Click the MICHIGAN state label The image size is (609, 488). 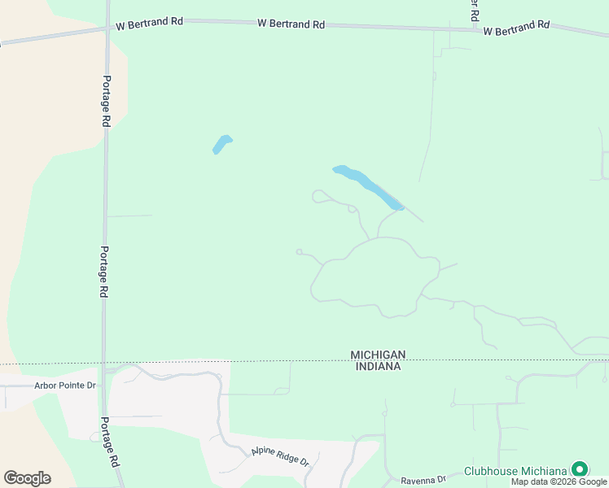click(x=378, y=355)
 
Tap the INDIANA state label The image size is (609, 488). click(x=378, y=367)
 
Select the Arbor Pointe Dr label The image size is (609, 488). click(x=65, y=385)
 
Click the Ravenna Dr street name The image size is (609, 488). click(x=423, y=480)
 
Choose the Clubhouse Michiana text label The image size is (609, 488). click(x=515, y=471)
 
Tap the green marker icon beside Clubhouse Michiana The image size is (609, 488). click(x=579, y=469)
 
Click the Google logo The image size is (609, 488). click(x=27, y=477)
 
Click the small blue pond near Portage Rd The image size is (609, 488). click(x=221, y=144)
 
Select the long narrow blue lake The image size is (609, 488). click(x=368, y=187)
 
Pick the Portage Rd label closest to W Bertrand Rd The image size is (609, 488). click(x=106, y=101)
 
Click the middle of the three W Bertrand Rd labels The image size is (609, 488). click(x=291, y=24)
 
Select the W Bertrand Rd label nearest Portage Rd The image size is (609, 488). click(x=149, y=22)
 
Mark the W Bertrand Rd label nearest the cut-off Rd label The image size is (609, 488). click(x=516, y=28)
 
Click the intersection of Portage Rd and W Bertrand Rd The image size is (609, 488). click(x=107, y=28)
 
